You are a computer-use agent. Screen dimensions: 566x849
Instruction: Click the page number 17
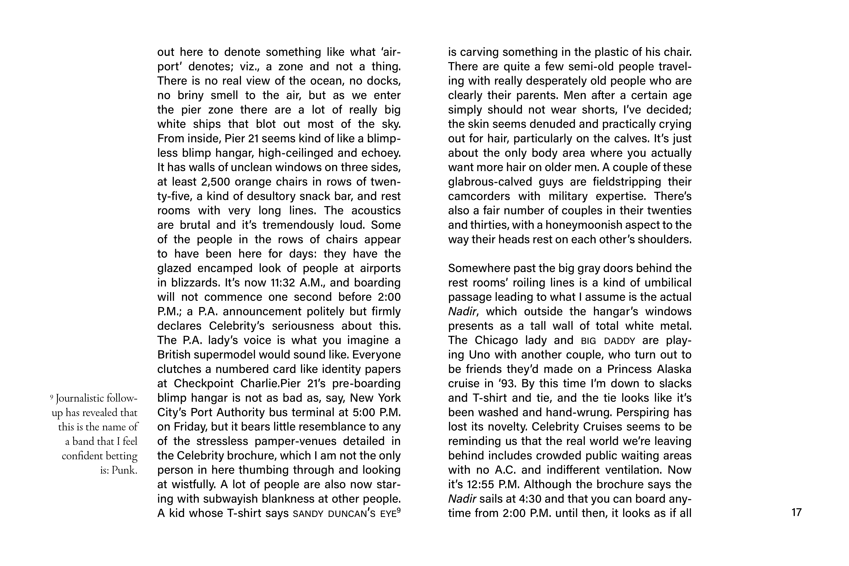796,512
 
